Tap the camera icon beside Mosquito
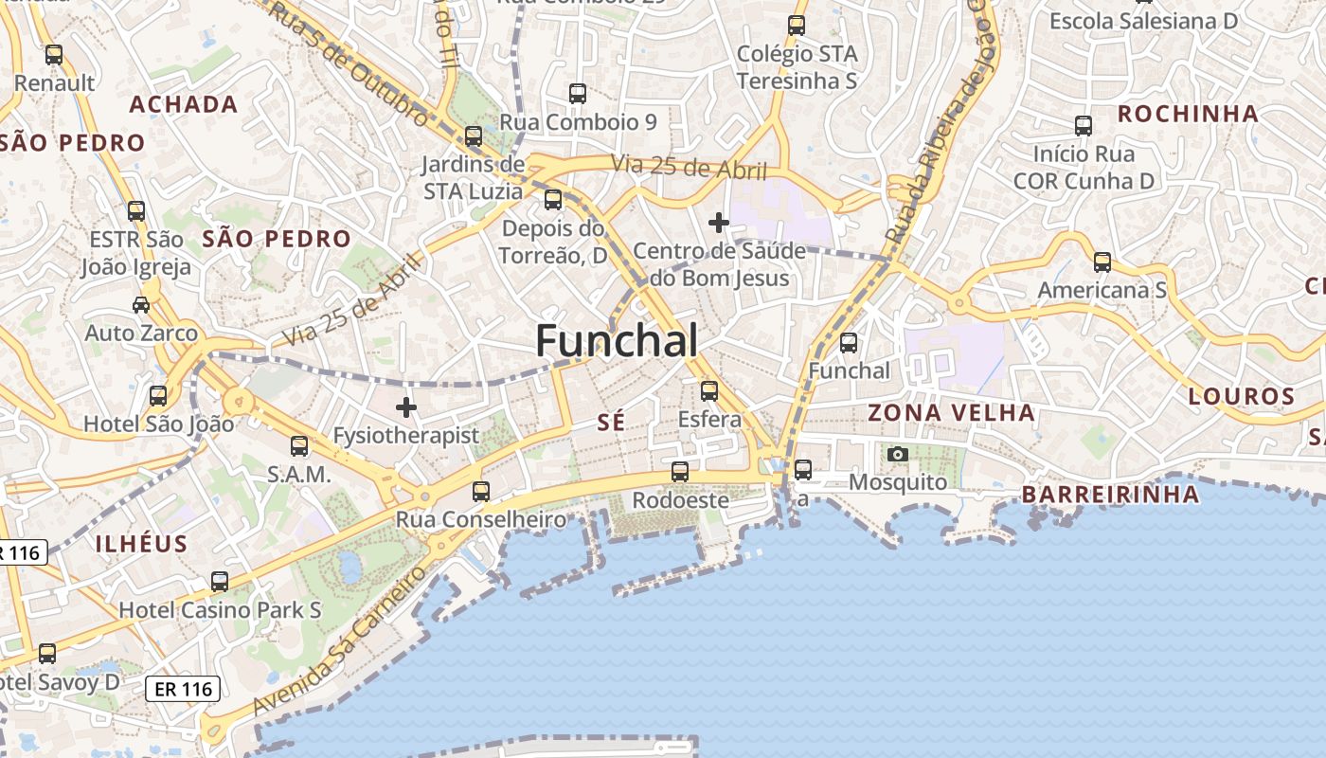(898, 455)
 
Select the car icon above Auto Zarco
(141, 305)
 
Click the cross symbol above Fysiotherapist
(406, 407)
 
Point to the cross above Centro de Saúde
(719, 223)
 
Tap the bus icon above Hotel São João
(158, 395)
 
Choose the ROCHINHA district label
(1188, 115)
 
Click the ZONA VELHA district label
(951, 413)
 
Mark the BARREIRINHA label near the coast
(1110, 495)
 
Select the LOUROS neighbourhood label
(1241, 397)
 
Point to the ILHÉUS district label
(141, 544)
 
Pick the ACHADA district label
(183, 104)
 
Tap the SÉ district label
(612, 423)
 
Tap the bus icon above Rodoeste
(680, 471)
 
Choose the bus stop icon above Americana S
(1102, 262)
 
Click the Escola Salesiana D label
(1143, 21)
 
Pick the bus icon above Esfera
(709, 390)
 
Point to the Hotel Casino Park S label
(220, 610)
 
